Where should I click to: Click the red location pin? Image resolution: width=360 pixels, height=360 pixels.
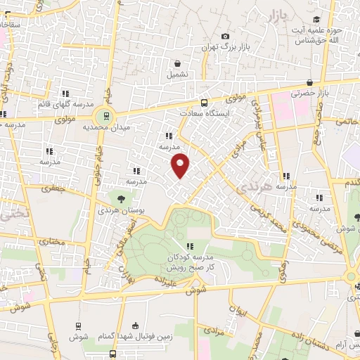181,165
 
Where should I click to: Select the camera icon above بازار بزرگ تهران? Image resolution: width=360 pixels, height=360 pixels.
225,36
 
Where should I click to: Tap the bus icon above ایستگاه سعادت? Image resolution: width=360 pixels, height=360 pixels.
205,101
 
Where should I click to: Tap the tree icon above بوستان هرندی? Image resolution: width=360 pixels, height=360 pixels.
120,199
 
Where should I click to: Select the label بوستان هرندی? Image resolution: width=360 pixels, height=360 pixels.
115,211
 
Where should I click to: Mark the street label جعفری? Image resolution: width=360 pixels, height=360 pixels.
52,188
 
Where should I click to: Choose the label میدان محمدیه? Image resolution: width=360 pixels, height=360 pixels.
104,129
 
